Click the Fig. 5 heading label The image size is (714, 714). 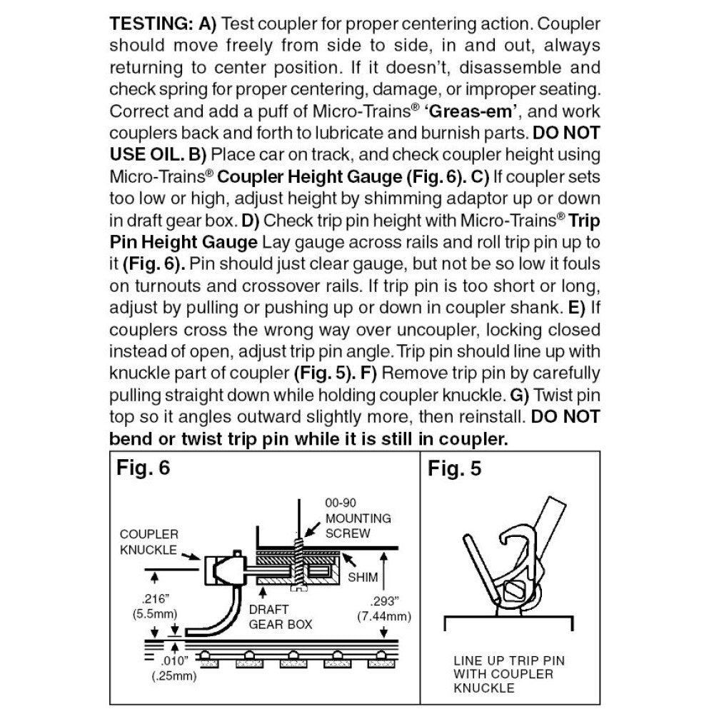click(x=454, y=469)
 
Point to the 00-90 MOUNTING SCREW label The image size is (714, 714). click(x=357, y=518)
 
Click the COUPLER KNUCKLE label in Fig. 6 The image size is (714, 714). click(x=149, y=541)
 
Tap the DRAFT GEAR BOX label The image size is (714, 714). click(x=281, y=617)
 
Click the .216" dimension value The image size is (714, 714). click(x=147, y=600)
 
